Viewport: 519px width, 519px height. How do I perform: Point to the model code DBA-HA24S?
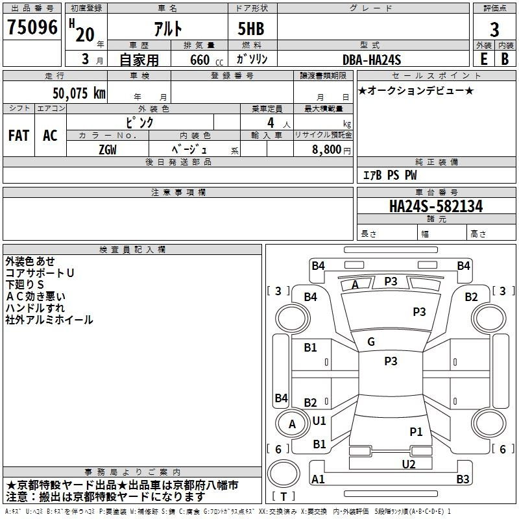(x=372, y=60)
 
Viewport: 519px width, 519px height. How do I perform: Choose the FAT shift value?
(x=18, y=136)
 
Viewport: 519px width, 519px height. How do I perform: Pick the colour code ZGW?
(x=108, y=149)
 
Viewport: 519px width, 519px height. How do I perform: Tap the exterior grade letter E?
(x=483, y=59)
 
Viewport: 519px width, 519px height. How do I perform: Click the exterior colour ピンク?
(x=139, y=122)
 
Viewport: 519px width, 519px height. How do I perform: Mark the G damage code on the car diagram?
(x=371, y=342)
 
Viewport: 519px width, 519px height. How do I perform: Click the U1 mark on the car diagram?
(x=319, y=420)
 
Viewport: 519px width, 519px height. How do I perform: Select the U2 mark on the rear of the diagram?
(x=408, y=463)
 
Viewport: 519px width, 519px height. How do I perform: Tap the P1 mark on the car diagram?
(x=416, y=431)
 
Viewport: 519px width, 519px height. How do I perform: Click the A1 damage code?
(x=318, y=479)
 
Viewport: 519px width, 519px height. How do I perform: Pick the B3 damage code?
(x=463, y=479)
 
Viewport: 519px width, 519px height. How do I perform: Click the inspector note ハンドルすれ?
(x=35, y=308)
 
